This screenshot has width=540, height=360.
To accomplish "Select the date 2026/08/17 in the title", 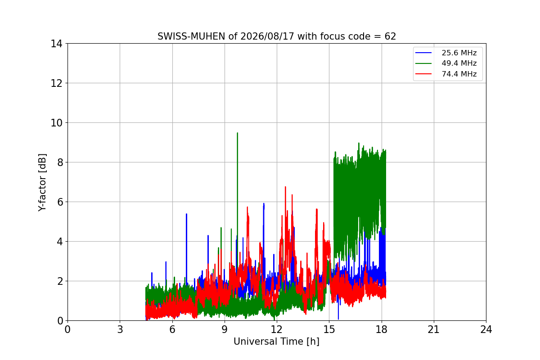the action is click(x=267, y=36).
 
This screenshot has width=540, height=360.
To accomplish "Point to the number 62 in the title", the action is click(x=390, y=36).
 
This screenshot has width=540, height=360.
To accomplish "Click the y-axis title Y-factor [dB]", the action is click(x=42, y=183).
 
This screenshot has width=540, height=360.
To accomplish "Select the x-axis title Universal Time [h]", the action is click(x=276, y=342).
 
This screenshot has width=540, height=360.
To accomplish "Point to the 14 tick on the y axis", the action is click(x=56, y=44).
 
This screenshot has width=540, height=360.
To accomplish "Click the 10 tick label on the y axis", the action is click(x=56, y=123).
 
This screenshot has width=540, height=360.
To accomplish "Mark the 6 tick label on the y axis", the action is click(x=60, y=202).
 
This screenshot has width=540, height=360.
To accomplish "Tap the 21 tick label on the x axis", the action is click(x=434, y=329).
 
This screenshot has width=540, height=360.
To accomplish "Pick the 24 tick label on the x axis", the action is click(x=486, y=329).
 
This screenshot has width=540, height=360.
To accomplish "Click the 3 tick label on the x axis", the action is click(x=120, y=329).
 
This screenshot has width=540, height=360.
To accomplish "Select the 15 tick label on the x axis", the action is click(x=329, y=329).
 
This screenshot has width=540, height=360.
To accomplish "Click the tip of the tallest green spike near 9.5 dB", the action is click(x=238, y=133).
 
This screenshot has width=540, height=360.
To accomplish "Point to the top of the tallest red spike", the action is click(x=285, y=187).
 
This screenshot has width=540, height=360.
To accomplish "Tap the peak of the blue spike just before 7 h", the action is click(x=187, y=214).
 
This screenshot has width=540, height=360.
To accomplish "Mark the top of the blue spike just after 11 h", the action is click(x=264, y=203).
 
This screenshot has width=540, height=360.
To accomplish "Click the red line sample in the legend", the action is click(x=423, y=74).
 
